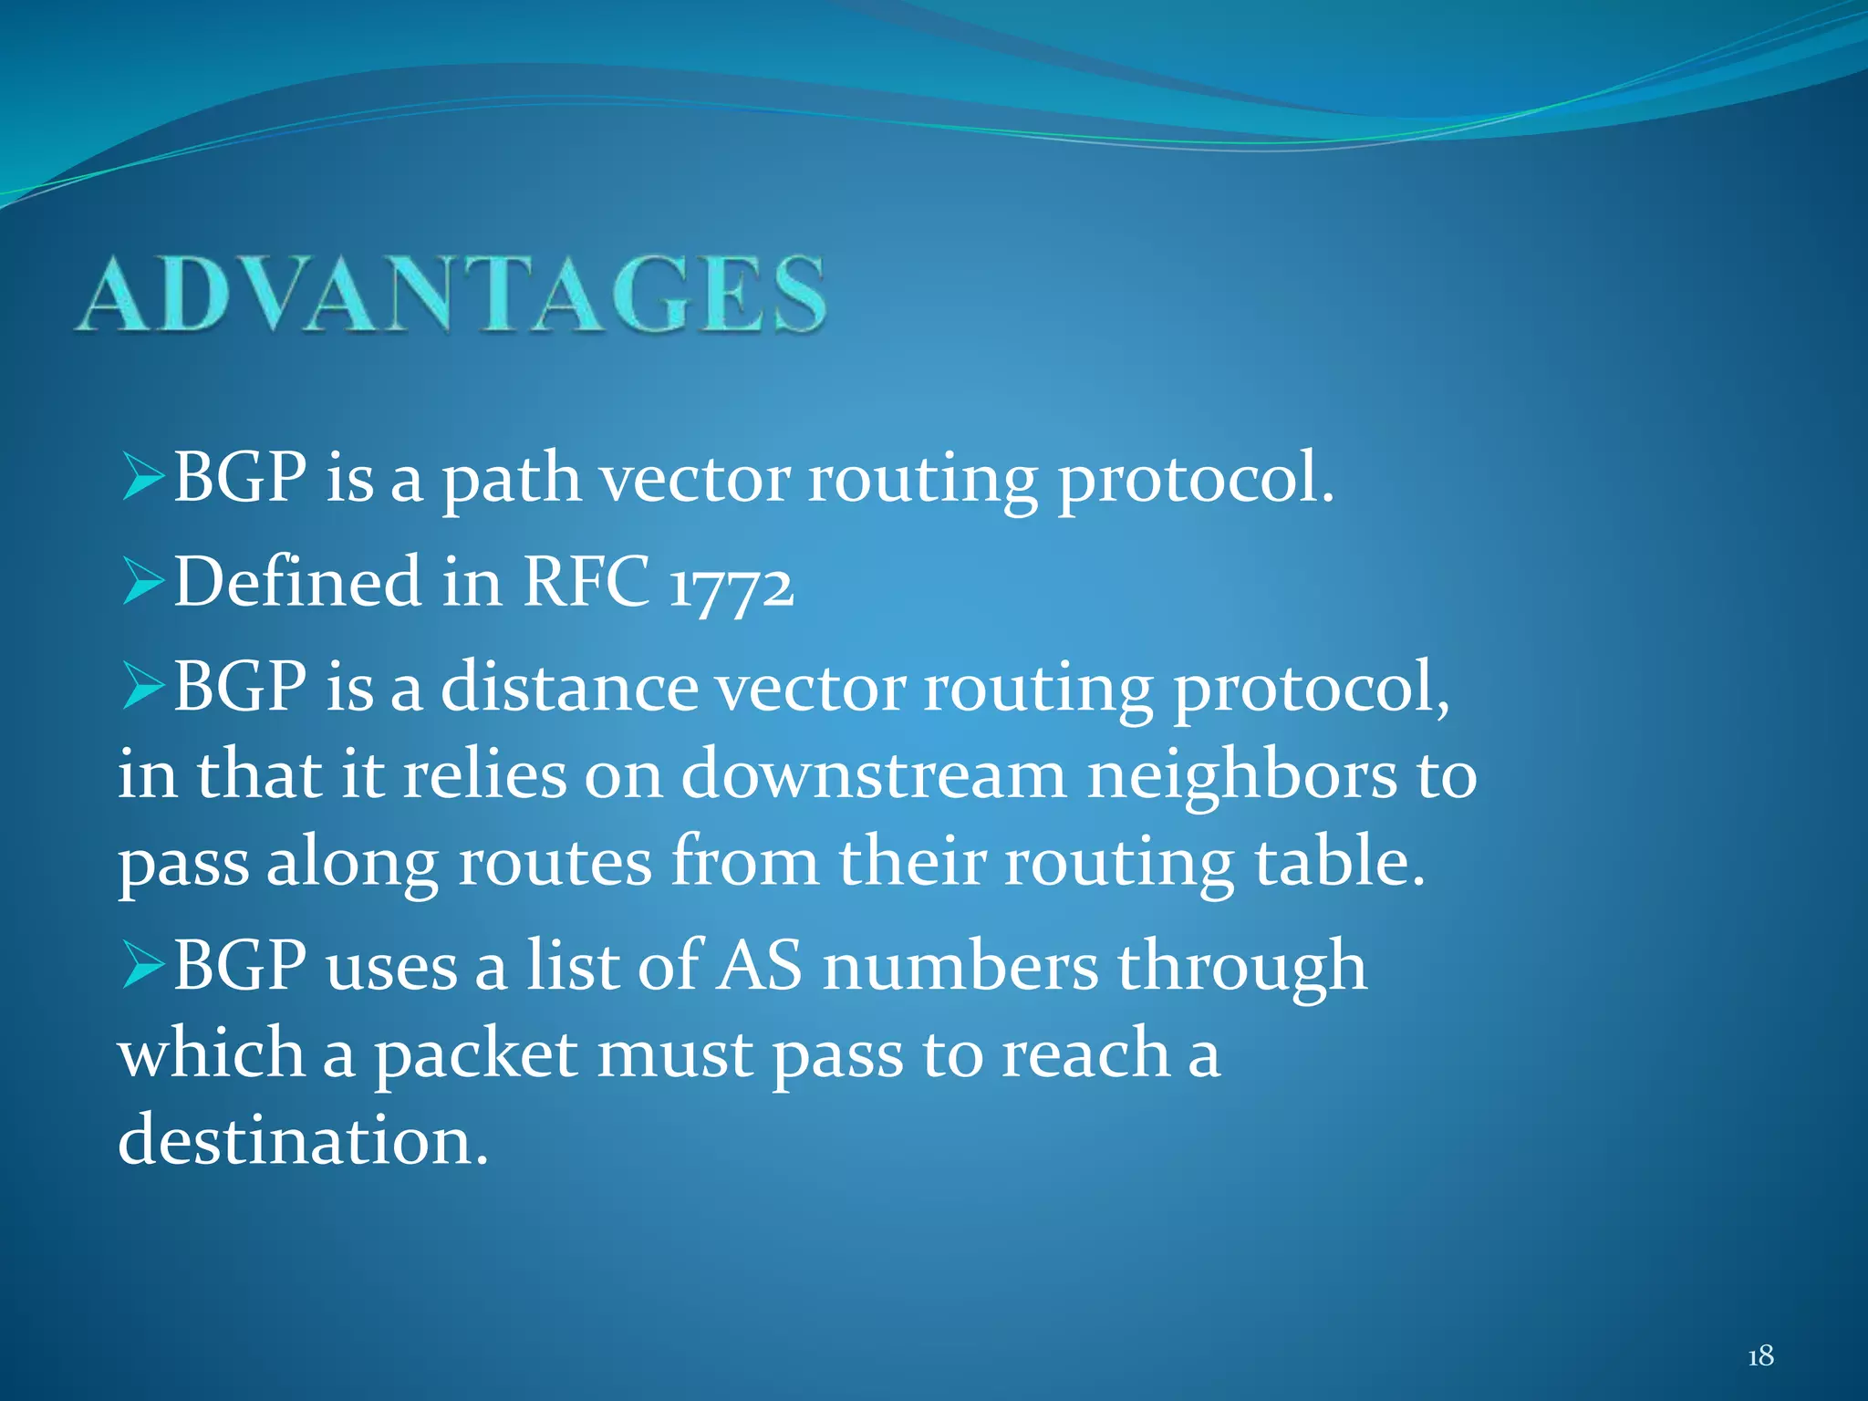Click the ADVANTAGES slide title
click(451, 294)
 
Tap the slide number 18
click(1759, 1356)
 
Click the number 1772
click(731, 585)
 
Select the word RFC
click(586, 581)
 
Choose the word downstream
click(874, 775)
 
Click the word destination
click(303, 1140)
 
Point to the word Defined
click(297, 581)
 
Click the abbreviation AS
click(759, 966)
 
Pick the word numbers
click(960, 966)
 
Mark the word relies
click(484, 775)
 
